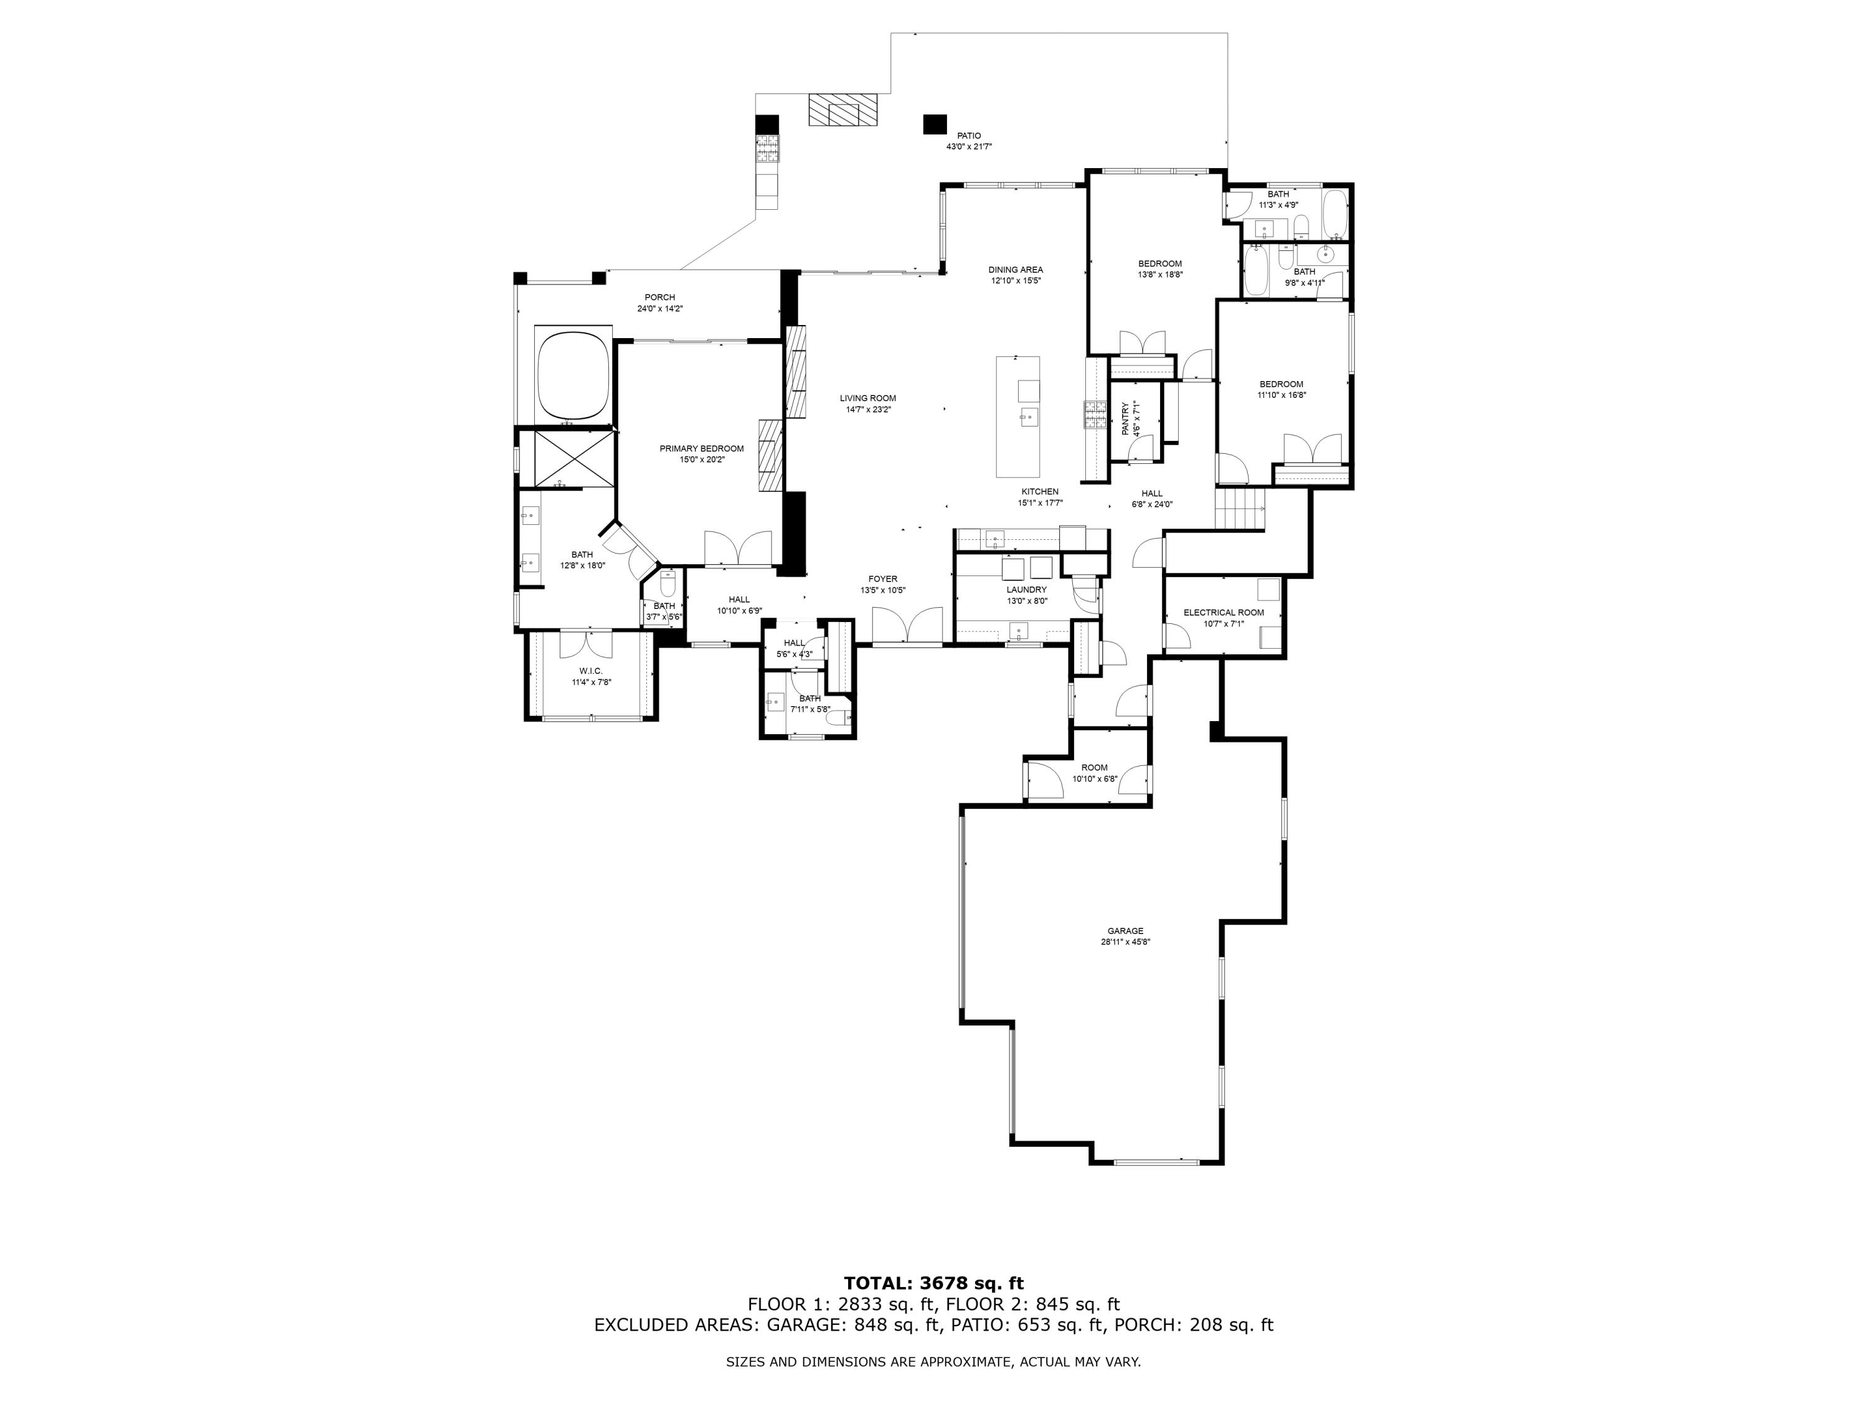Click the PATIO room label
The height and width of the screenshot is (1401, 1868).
point(969,136)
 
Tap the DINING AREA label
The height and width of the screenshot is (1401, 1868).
point(1016,270)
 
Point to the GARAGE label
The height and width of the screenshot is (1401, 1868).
point(1126,931)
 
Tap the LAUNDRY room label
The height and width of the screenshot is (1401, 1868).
point(1026,590)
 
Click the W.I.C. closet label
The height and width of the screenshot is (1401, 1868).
point(591,671)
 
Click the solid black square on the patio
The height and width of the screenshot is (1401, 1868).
point(935,124)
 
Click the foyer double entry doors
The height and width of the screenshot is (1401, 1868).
point(907,626)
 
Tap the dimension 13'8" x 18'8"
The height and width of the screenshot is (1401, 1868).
point(1159,275)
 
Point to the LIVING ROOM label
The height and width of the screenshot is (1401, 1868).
point(867,399)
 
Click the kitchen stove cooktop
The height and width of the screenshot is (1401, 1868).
point(1095,415)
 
